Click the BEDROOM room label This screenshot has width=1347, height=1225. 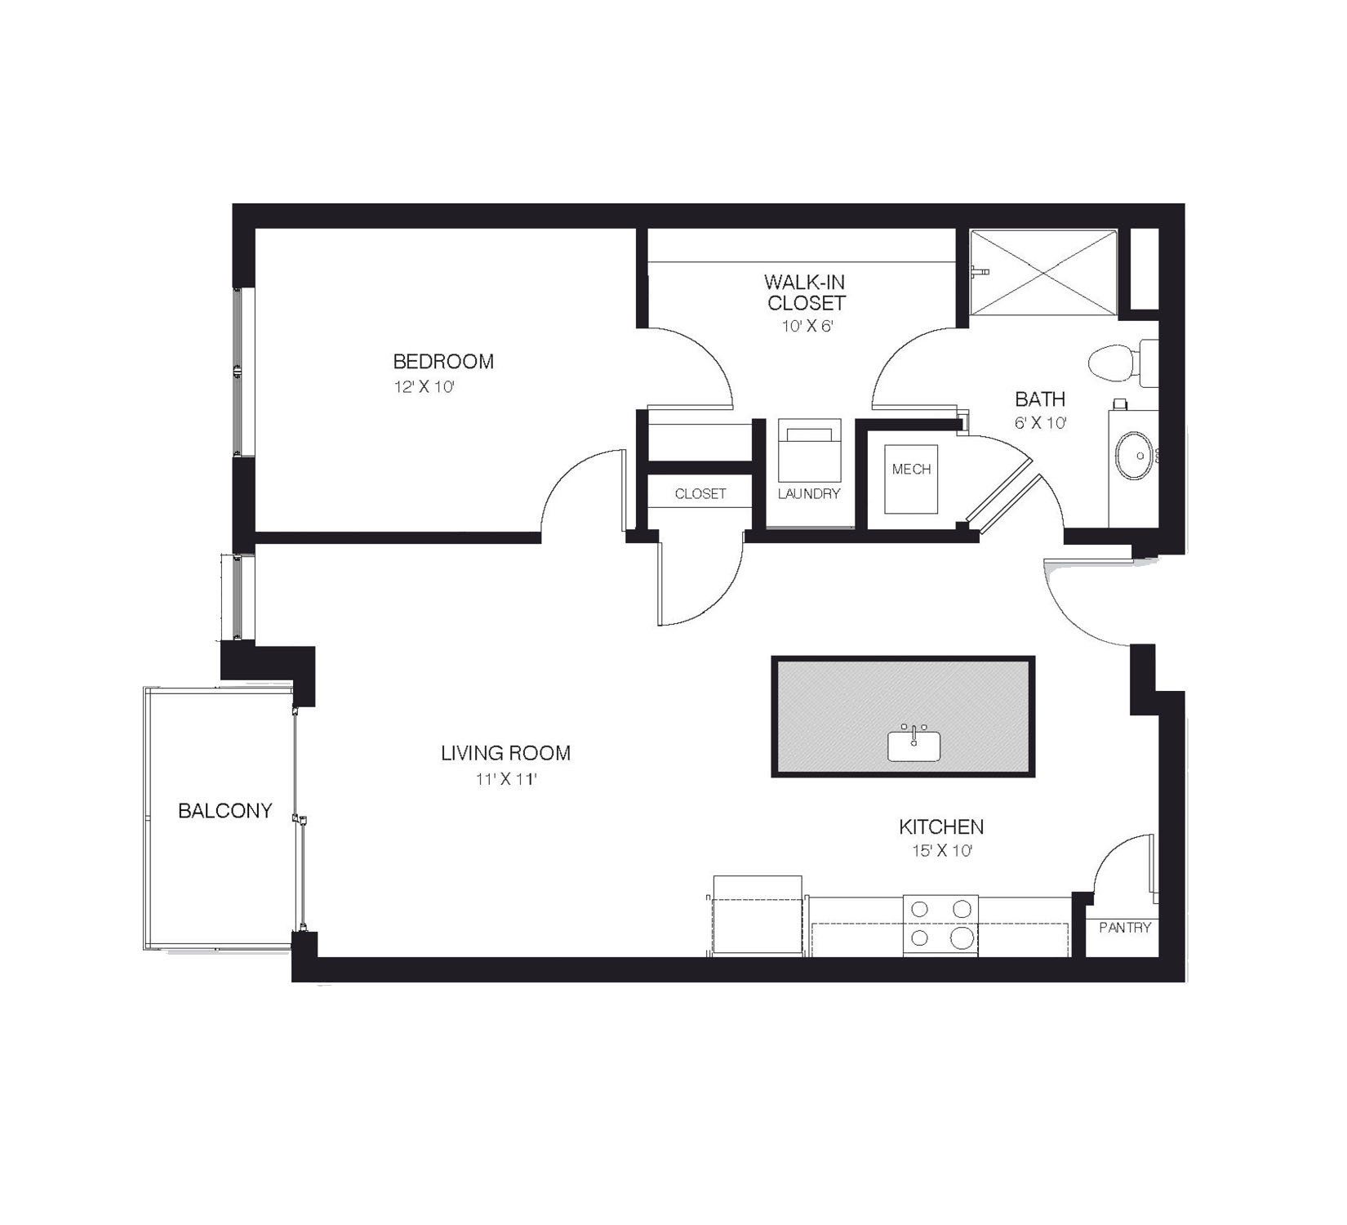(443, 361)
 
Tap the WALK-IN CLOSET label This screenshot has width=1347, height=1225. (805, 292)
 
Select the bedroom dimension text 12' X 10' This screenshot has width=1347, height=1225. (424, 387)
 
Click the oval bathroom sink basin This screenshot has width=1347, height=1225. (1134, 456)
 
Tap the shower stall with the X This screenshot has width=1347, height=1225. (1043, 271)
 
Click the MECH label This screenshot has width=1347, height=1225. (911, 470)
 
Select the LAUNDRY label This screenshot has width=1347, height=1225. (809, 493)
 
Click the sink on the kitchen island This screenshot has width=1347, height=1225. (914, 745)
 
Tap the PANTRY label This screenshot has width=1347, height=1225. (1125, 928)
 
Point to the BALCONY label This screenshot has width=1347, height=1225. (225, 811)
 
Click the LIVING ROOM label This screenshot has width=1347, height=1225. (505, 753)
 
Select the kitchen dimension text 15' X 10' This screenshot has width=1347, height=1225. (941, 851)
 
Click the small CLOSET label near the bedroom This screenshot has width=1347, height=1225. (700, 494)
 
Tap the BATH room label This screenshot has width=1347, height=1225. (1040, 399)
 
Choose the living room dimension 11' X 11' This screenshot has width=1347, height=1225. (505, 779)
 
